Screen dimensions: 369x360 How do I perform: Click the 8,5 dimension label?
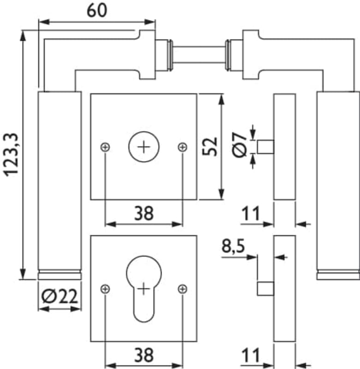point(233,247)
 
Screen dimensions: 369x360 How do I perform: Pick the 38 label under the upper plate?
point(144,213)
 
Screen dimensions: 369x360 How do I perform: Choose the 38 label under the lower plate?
point(144,355)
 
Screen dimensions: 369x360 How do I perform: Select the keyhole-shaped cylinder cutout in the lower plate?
point(144,288)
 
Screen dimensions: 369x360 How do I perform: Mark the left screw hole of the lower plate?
point(105,289)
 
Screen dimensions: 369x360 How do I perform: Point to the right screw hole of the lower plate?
point(183,289)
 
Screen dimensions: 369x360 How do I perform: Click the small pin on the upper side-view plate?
point(265,147)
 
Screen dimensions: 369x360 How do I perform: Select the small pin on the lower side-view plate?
point(265,289)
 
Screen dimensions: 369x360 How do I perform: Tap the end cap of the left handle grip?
point(60,275)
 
